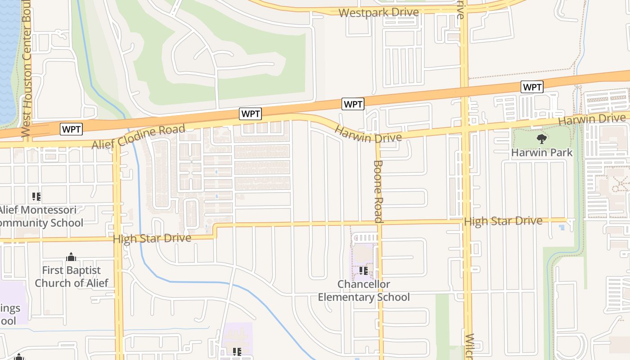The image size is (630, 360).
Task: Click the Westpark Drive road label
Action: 379,13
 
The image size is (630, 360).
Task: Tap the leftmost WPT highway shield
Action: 72,130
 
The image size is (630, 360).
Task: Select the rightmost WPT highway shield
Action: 532,87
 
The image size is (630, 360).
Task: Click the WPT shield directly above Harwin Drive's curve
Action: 353,104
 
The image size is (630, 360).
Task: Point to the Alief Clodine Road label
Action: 139,137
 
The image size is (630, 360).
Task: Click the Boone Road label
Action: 378,191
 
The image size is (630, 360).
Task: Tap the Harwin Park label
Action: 542,153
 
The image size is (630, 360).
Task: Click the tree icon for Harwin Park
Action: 542,139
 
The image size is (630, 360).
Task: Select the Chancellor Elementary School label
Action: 364,291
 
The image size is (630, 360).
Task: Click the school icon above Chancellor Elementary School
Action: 364,271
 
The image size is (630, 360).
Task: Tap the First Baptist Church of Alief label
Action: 72,276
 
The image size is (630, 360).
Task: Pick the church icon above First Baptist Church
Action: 71,257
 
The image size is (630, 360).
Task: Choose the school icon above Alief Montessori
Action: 36,196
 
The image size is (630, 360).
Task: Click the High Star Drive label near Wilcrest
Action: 503,221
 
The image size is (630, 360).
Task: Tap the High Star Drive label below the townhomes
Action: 152,238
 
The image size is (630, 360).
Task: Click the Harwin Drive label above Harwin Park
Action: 592,120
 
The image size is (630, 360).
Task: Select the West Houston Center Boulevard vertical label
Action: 27,67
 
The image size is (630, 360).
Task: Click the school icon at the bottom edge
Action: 237,352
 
